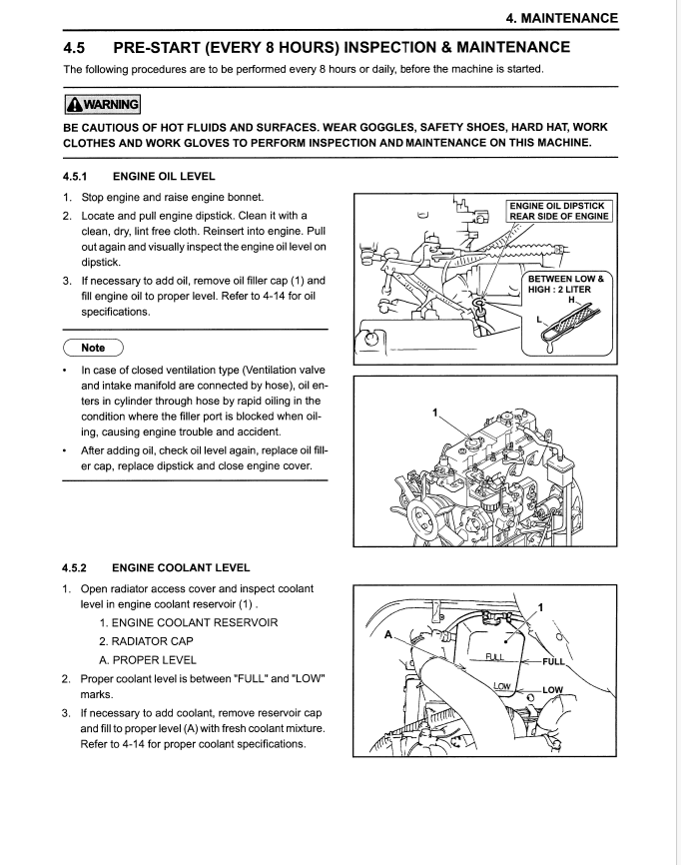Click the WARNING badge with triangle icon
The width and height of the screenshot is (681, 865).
click(102, 104)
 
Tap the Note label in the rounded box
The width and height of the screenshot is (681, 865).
click(93, 348)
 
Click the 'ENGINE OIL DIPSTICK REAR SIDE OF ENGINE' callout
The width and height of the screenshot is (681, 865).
click(559, 210)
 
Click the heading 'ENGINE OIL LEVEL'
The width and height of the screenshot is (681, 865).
click(164, 176)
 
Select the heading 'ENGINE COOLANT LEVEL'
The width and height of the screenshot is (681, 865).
click(181, 567)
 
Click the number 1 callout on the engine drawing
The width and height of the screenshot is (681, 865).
click(434, 412)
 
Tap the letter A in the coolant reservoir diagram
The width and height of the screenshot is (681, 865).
click(388, 631)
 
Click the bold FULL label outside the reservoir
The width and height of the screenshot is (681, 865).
click(552, 661)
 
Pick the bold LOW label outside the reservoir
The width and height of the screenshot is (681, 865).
click(552, 690)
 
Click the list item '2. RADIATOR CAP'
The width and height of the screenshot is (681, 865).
click(146, 641)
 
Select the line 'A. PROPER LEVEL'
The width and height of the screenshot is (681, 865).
click(148, 660)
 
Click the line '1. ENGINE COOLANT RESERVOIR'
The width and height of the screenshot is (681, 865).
click(174, 622)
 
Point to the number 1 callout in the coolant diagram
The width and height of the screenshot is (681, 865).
click(540, 606)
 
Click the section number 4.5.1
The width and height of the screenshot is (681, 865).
click(78, 176)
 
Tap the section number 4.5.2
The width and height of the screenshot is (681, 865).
click(78, 567)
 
